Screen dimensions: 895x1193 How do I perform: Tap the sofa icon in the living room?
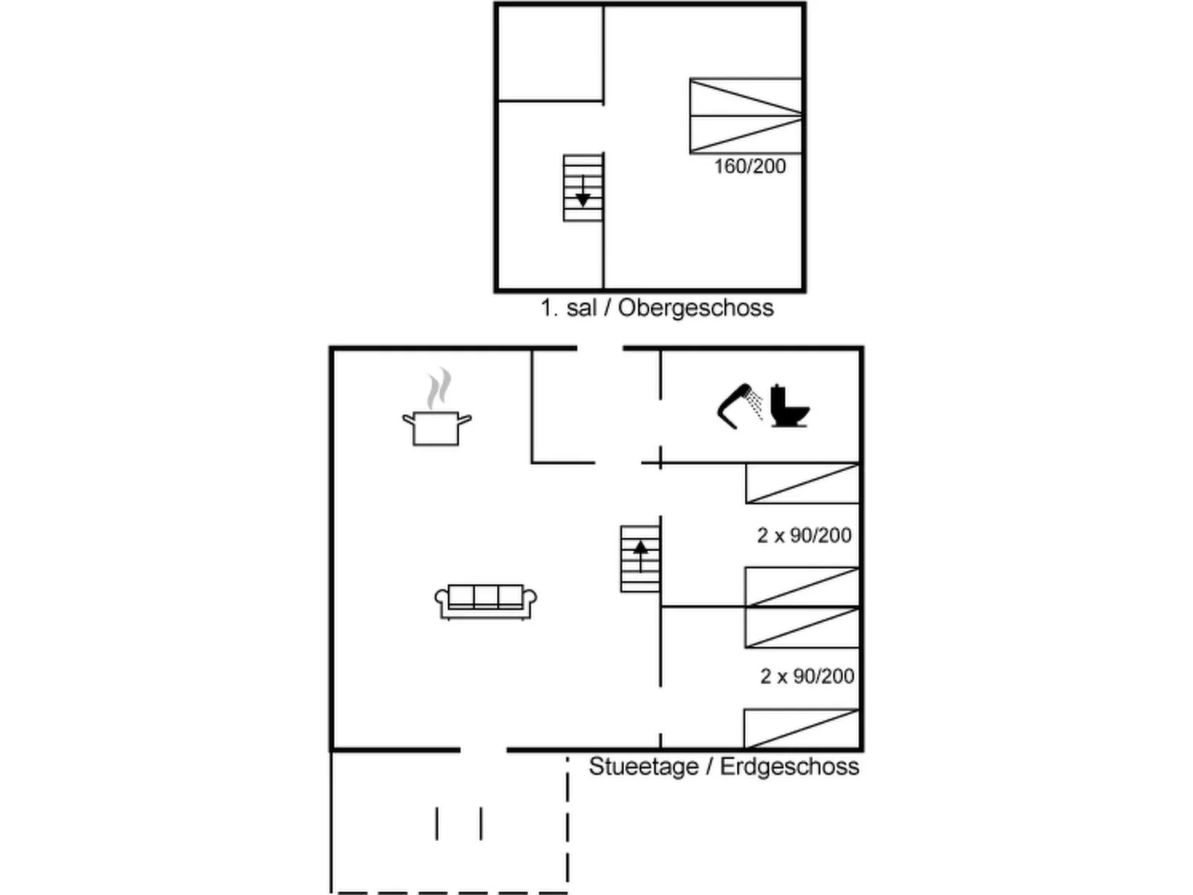point(486,601)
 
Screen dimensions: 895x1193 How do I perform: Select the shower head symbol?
point(739,405)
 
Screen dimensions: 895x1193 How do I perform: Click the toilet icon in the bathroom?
point(787,406)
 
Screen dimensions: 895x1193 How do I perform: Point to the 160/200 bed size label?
point(750,166)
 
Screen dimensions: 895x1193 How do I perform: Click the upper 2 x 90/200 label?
point(804,536)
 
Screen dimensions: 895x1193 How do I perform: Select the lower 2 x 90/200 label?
point(807,676)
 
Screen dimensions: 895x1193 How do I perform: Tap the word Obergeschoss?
point(695,308)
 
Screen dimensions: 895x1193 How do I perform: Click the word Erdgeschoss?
point(789,767)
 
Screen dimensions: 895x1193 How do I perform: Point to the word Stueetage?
point(643,767)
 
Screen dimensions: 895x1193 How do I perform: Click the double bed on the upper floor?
point(746,116)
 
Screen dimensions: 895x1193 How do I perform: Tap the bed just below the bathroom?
point(802,484)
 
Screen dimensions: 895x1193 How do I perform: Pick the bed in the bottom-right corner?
point(802,729)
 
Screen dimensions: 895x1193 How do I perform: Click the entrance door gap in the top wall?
point(600,348)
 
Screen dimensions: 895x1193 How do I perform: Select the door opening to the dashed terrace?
point(484,750)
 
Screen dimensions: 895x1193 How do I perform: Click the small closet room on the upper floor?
point(550,53)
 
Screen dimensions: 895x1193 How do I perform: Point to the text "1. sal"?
point(568,308)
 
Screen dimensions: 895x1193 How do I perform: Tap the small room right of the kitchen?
point(563,406)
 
